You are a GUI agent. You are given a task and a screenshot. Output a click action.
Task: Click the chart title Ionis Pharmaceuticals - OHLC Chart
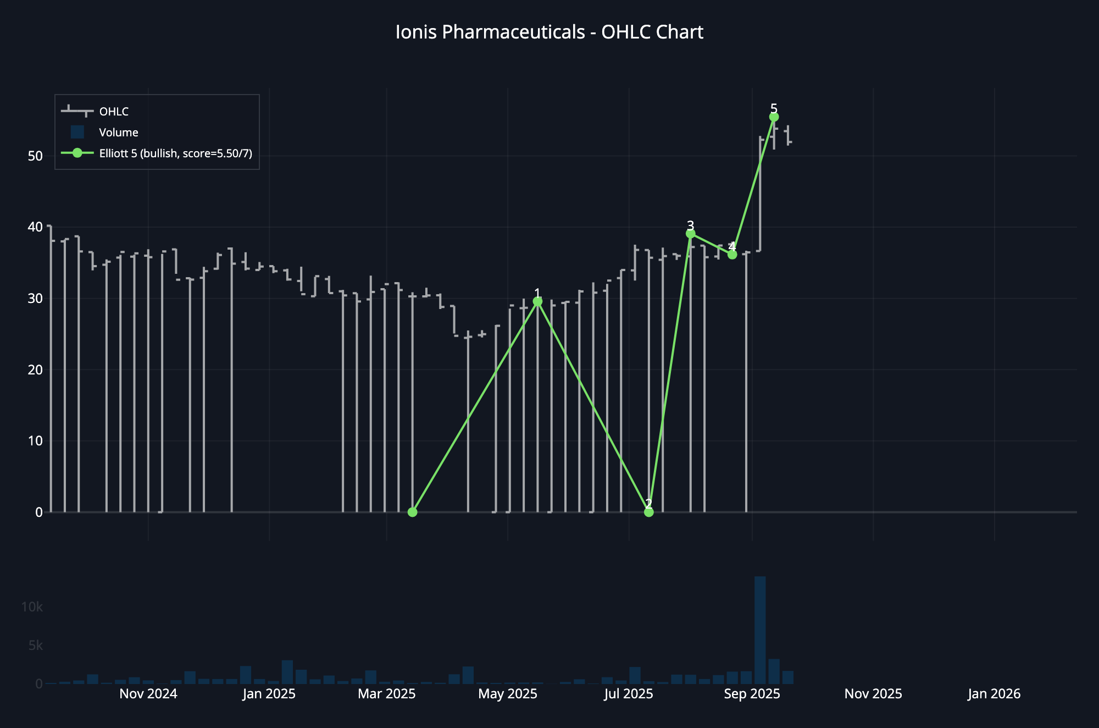(x=549, y=32)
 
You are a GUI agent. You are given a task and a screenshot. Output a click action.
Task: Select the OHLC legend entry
(x=114, y=112)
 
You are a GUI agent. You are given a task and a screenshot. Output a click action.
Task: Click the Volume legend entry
(x=118, y=133)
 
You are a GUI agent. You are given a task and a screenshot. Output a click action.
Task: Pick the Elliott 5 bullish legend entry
(x=175, y=153)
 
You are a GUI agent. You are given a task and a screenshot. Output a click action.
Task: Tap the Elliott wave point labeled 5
(x=774, y=117)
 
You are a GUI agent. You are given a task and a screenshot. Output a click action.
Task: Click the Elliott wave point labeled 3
(x=691, y=234)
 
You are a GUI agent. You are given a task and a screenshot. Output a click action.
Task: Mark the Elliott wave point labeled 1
(x=537, y=301)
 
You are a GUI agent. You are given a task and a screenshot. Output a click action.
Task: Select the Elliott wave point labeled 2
(x=649, y=512)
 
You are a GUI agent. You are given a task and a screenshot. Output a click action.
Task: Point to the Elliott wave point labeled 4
(x=732, y=255)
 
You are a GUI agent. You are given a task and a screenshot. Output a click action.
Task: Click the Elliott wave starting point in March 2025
(x=413, y=512)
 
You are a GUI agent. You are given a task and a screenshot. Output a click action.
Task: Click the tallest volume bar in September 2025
(x=760, y=630)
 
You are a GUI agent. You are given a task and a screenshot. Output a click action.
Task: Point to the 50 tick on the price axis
(x=35, y=156)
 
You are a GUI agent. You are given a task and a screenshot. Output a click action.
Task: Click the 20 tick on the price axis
(x=35, y=369)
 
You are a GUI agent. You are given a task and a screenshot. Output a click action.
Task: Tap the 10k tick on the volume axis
(x=32, y=607)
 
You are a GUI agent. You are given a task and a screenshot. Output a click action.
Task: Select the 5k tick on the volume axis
(x=35, y=646)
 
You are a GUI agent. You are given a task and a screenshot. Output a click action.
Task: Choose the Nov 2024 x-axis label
(x=148, y=694)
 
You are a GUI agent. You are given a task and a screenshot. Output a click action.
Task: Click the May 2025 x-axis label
(x=508, y=694)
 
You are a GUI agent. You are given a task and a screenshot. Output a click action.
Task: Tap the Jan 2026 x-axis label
(x=994, y=694)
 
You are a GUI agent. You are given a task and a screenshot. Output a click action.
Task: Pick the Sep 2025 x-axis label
(x=752, y=694)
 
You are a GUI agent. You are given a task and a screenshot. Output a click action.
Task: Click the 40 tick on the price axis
(x=35, y=227)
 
